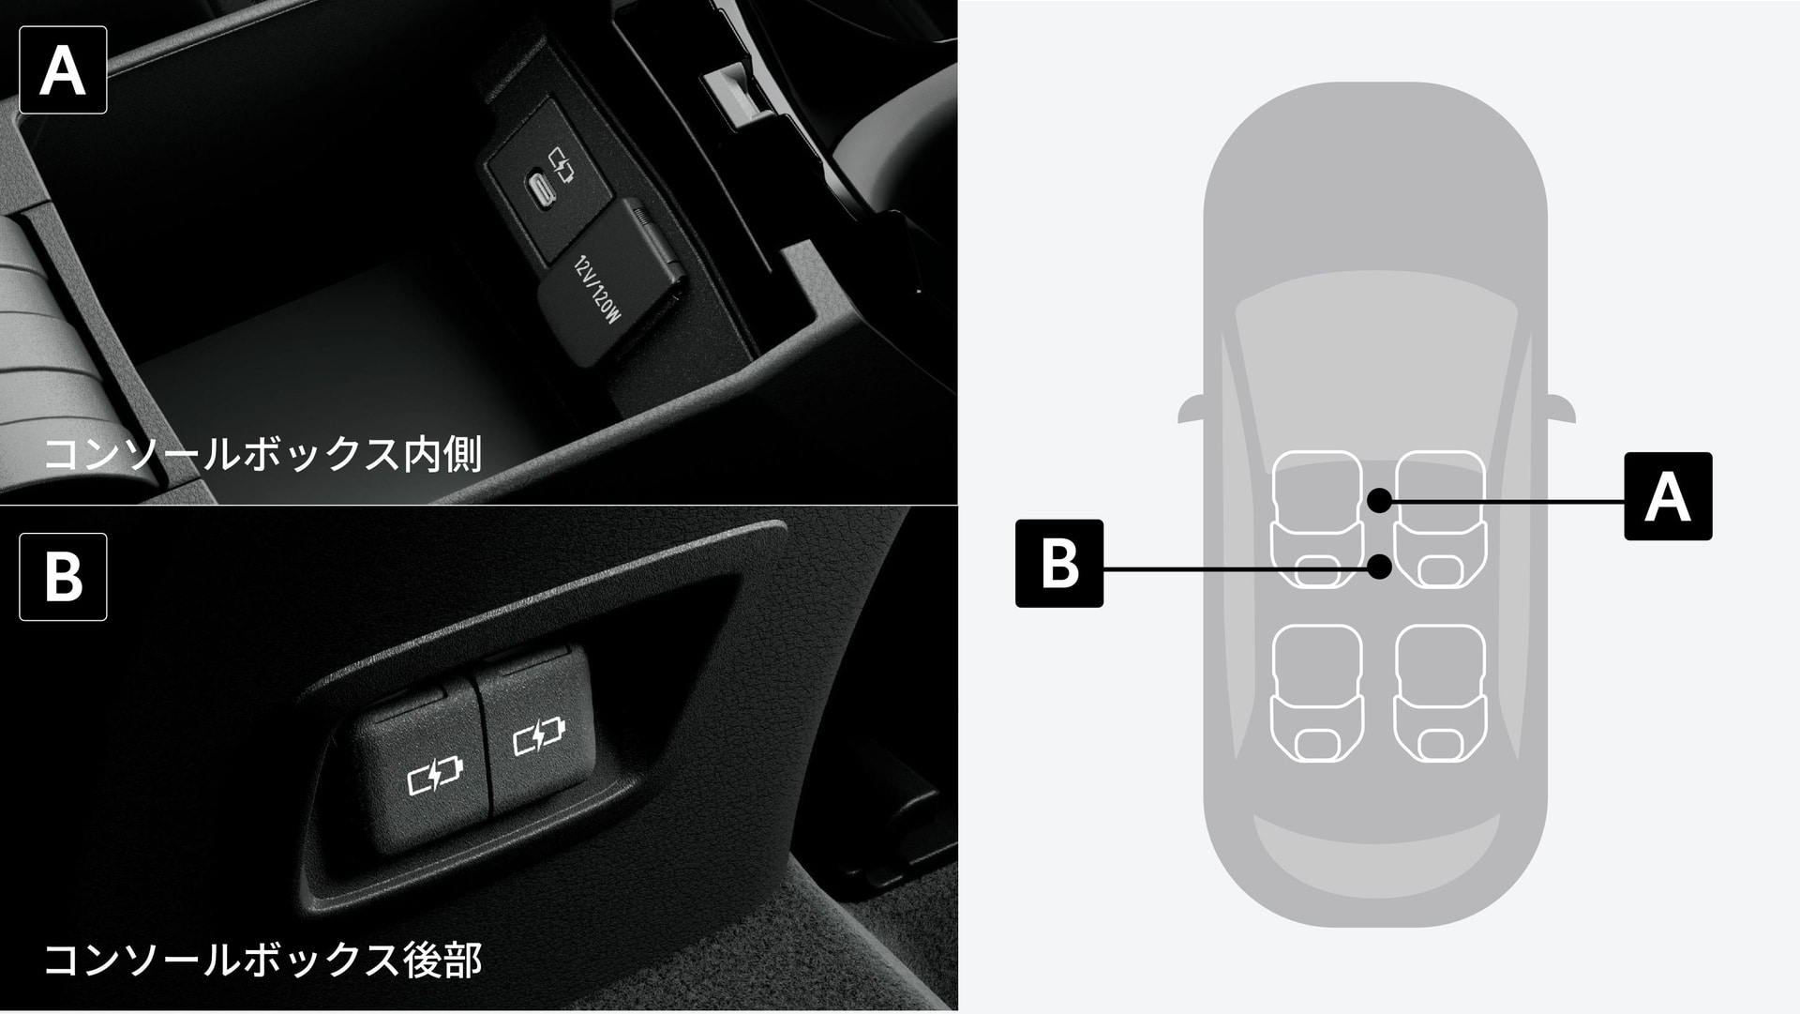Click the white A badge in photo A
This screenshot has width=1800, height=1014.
tap(63, 70)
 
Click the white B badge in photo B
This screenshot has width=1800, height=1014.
tap(63, 577)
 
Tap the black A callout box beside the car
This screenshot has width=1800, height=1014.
tap(1668, 496)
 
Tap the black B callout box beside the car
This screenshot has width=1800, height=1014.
tap(1059, 564)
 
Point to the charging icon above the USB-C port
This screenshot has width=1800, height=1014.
tap(560, 165)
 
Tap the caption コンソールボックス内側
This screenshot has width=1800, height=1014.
tap(262, 454)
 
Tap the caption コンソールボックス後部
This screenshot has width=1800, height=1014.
tap(262, 960)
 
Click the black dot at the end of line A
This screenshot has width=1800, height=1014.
tap(1379, 501)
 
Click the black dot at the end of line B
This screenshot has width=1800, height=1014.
tap(1379, 567)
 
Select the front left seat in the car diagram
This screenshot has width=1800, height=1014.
tap(1316, 520)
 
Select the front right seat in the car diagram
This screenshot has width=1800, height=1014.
tap(1440, 520)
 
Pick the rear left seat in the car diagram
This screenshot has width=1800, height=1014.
tap(1316, 692)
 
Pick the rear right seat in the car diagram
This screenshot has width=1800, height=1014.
tap(1440, 692)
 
